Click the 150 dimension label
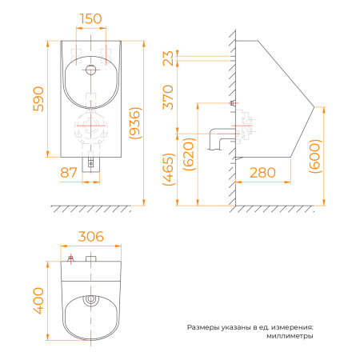pyautogui.click(x=91, y=18)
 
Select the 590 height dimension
pyautogui.click(x=38, y=98)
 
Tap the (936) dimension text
pyautogui.click(x=135, y=123)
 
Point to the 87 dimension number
pyautogui.click(x=69, y=173)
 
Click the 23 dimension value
pyautogui.click(x=168, y=58)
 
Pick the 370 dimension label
pyautogui.click(x=168, y=97)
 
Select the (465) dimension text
pyautogui.click(x=169, y=170)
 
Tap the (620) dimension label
pyautogui.click(x=189, y=154)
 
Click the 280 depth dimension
pyautogui.click(x=262, y=173)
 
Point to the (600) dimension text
pyautogui.click(x=315, y=156)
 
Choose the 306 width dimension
pyautogui.click(x=91, y=237)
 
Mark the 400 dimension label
pyautogui.click(x=38, y=301)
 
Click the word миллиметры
pyautogui.click(x=290, y=336)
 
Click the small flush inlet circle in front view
pyautogui.click(x=91, y=70)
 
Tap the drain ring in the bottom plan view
pyautogui.click(x=91, y=299)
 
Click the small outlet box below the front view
pyautogui.click(x=90, y=165)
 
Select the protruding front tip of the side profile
pyautogui.click(x=314, y=106)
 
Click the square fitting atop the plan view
pyautogui.click(x=91, y=258)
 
